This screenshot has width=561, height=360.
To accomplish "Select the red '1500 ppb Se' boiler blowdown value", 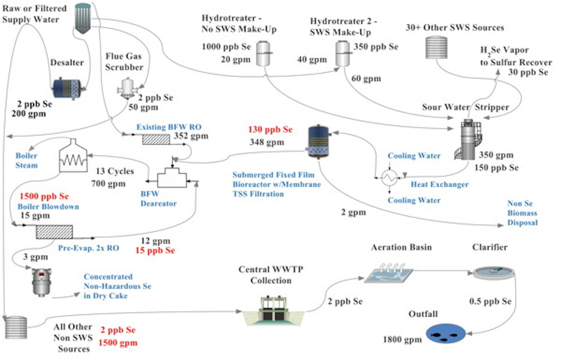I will (44, 196).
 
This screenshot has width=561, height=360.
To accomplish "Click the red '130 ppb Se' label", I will (270, 129).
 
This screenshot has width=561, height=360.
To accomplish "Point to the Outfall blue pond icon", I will (446, 334).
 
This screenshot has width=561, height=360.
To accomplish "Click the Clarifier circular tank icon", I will (494, 272).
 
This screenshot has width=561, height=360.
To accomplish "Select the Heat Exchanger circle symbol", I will (389, 178).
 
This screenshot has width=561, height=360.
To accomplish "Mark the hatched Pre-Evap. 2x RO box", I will (54, 232).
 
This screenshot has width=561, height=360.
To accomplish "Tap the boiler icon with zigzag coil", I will (73, 156).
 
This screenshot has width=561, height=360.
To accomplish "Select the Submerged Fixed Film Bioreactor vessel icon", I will (319, 141).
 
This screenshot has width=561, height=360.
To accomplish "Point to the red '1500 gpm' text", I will (118, 343).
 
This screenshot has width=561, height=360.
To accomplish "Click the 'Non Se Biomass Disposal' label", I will (522, 213).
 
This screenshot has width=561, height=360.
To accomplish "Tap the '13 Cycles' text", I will (115, 171).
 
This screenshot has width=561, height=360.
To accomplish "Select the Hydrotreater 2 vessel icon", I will (342, 53).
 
